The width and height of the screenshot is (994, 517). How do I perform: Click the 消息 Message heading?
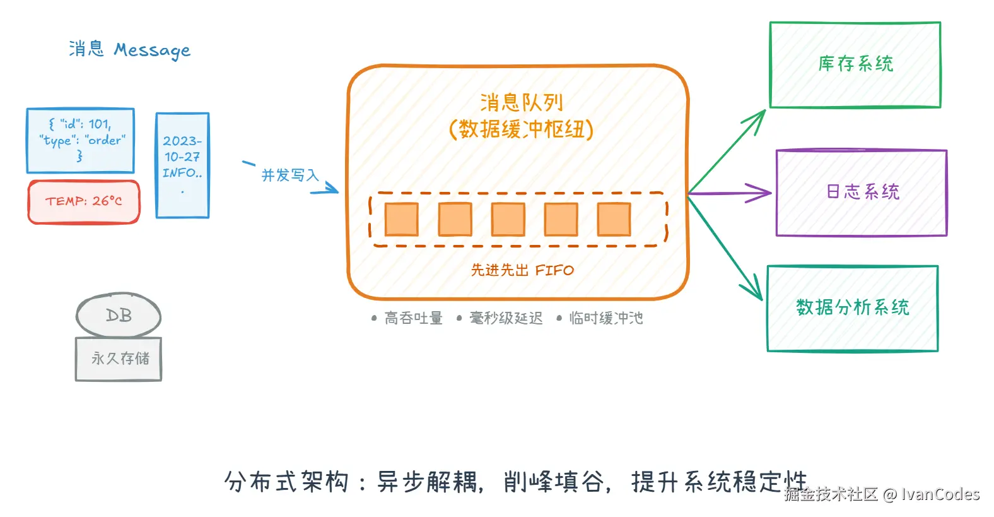[x=129, y=50]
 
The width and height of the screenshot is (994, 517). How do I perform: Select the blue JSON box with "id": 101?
[x=81, y=140]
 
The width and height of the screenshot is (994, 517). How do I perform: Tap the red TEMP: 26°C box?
[x=84, y=201]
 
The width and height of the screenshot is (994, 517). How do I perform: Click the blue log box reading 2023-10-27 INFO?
[x=182, y=165]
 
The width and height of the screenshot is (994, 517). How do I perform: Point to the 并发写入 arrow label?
[x=290, y=175]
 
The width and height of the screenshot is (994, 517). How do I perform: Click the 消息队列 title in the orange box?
[x=521, y=102]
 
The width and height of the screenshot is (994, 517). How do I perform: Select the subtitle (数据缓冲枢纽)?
[x=521, y=129]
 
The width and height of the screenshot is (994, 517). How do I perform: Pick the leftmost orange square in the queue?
[x=402, y=219]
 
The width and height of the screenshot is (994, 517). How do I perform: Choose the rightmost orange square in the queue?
[x=614, y=219]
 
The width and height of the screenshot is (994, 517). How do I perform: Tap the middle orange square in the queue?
[x=508, y=219]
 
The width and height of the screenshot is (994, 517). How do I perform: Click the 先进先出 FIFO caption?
[x=522, y=270]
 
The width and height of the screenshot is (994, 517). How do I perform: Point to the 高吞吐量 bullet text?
[x=413, y=318]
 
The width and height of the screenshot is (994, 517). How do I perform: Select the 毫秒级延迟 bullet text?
[x=506, y=318]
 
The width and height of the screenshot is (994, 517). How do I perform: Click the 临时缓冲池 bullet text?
[x=605, y=318]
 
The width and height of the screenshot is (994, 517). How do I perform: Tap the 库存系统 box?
[x=855, y=64]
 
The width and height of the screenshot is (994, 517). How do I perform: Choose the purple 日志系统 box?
[x=862, y=193]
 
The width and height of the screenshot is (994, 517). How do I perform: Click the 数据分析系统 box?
[x=852, y=308]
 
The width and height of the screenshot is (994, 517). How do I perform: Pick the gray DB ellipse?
[x=119, y=315]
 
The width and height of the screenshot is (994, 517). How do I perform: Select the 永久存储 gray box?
[x=119, y=359]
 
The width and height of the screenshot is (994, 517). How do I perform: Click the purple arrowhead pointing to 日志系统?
[x=762, y=193]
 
